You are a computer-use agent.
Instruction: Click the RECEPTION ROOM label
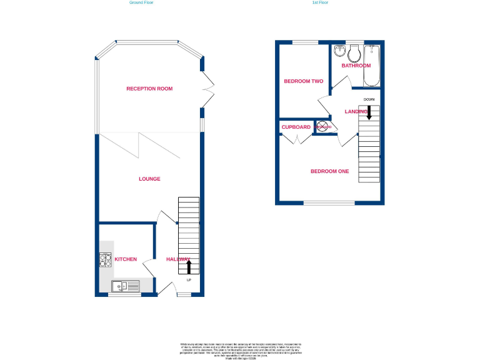(x=149, y=89)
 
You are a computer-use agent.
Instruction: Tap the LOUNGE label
(x=149, y=179)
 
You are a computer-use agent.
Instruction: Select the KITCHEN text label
(x=126, y=259)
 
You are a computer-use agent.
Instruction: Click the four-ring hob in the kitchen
(x=105, y=259)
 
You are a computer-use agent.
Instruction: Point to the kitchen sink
(x=125, y=286)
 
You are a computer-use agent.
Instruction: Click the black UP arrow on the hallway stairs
(x=189, y=267)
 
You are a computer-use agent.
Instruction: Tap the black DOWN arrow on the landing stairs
(x=369, y=112)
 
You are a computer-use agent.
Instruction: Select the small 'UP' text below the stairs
(x=189, y=279)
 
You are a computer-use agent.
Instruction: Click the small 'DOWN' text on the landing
(x=369, y=99)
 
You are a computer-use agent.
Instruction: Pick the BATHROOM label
(x=356, y=66)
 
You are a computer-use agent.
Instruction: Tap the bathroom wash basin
(x=339, y=51)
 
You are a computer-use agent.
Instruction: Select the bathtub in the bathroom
(x=372, y=65)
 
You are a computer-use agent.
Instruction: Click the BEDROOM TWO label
(x=303, y=81)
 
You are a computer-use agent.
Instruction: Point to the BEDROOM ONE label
(x=330, y=171)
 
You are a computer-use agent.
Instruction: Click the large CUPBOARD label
(x=296, y=127)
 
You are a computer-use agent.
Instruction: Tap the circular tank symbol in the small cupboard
(x=323, y=127)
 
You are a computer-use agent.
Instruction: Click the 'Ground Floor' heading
(x=141, y=2)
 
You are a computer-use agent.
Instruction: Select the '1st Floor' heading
(x=320, y=2)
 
